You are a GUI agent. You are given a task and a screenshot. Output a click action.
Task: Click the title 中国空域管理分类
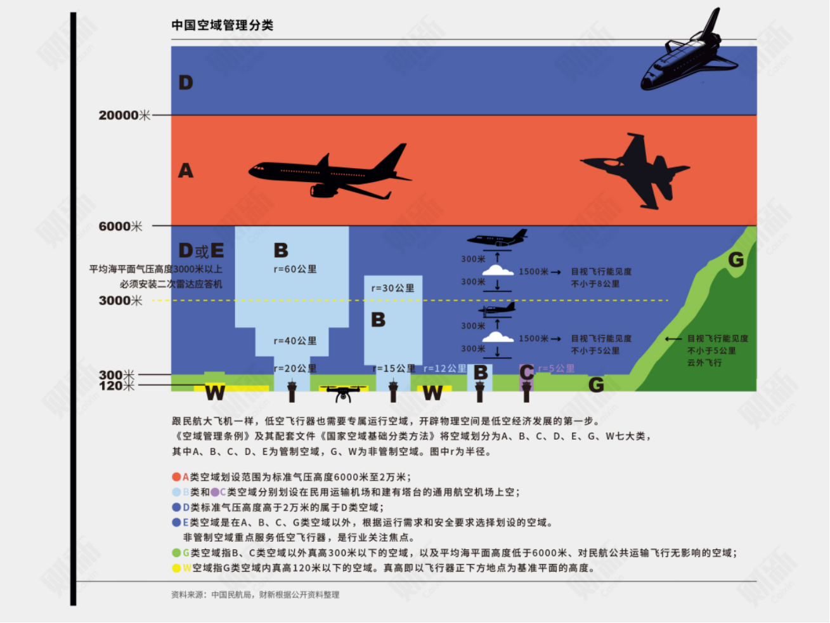pos(222,25)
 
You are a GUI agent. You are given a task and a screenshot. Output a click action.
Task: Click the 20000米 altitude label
pos(124,115)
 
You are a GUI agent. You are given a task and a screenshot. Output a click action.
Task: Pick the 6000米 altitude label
pos(120,226)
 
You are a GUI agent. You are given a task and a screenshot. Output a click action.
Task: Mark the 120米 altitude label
pos(117,386)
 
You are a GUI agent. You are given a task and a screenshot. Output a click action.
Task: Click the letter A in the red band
pos(185,171)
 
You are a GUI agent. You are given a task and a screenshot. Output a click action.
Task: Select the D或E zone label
pos(202,251)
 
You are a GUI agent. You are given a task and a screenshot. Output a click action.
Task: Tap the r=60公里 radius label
pos(295,269)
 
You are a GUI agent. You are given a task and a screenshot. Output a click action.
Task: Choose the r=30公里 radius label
pos(392,288)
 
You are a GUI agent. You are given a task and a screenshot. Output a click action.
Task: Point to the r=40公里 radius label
pos(295,341)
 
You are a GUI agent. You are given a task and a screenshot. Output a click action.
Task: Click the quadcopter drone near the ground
pos(343,392)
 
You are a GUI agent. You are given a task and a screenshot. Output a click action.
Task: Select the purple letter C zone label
pos(526,372)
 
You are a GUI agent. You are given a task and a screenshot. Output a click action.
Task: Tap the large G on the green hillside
pos(736,259)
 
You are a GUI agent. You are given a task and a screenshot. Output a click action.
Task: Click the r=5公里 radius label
pos(556,369)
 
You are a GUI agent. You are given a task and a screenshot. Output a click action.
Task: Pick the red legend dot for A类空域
pos(176,477)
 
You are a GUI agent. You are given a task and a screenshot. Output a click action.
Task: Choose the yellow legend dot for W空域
pos(176,568)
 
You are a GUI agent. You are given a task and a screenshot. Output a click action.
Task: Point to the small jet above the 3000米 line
pos(497,239)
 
